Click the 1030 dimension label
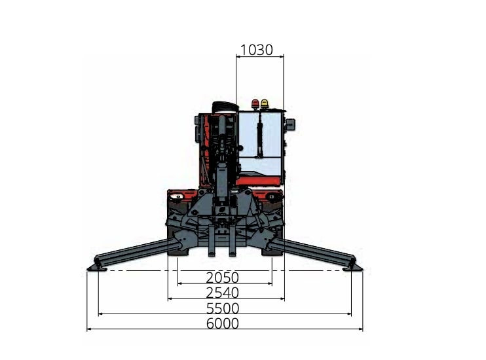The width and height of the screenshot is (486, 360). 256,50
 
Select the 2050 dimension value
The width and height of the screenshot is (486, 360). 223,278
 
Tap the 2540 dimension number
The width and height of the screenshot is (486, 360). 223,293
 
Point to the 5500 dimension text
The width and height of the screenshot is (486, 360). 223,308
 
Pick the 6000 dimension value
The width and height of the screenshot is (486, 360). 223,323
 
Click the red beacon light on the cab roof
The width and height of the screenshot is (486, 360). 255,104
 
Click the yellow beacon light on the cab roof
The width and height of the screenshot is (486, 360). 265,104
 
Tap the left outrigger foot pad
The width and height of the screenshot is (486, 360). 97,268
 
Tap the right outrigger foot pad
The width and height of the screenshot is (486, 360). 353,268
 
